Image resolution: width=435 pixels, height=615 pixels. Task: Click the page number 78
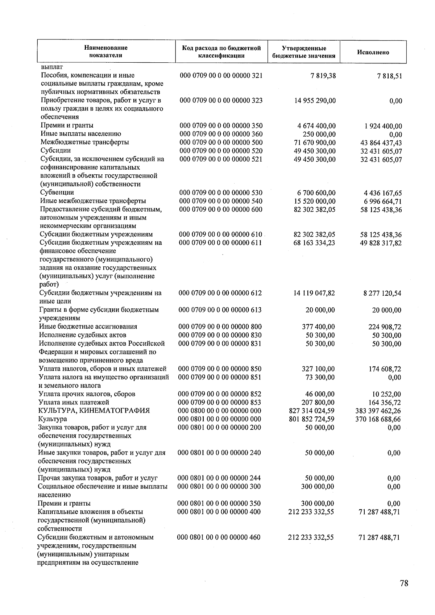pyautogui.click(x=404, y=583)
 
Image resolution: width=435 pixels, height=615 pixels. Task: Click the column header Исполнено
pyautogui.click(x=373, y=52)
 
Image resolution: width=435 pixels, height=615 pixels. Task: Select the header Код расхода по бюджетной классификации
pyautogui.click(x=221, y=52)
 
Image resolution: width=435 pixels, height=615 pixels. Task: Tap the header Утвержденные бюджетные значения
pyautogui.click(x=303, y=52)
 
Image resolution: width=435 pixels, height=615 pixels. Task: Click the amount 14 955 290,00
pyautogui.click(x=315, y=100)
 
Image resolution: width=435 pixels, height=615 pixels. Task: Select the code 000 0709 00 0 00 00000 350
pyautogui.click(x=221, y=126)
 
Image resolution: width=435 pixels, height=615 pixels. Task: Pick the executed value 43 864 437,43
pyautogui.click(x=381, y=143)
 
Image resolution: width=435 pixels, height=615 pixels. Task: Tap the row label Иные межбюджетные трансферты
pyautogui.click(x=93, y=201)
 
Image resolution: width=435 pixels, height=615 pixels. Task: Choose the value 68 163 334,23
pyautogui.click(x=314, y=242)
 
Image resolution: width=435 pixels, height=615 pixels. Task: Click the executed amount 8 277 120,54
pyautogui.click(x=382, y=293)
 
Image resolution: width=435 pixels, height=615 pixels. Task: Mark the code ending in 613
pyautogui.click(x=220, y=310)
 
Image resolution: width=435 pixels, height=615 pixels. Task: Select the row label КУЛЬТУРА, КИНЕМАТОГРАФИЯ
pyautogui.click(x=94, y=411)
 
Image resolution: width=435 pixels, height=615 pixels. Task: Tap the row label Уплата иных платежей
pyautogui.click(x=74, y=402)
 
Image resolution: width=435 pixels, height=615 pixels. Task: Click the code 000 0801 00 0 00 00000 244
pyautogui.click(x=219, y=478)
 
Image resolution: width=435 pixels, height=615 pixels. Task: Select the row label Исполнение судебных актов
pyautogui.click(x=83, y=335)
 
